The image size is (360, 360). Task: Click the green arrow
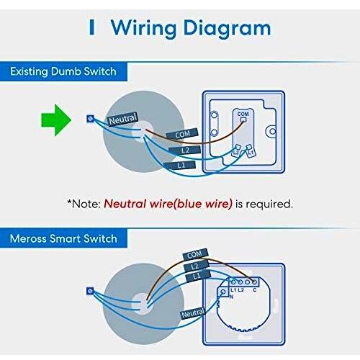click(56, 120)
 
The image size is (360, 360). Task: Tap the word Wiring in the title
click(143, 29)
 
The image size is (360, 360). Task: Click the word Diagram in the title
click(227, 29)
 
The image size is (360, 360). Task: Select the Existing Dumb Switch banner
click(63, 71)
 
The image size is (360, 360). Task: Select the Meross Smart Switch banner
click(63, 238)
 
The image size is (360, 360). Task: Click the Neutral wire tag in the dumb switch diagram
click(123, 119)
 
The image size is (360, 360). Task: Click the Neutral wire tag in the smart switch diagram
click(193, 313)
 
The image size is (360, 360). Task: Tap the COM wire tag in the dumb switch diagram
click(182, 134)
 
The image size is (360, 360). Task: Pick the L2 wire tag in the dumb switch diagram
click(185, 150)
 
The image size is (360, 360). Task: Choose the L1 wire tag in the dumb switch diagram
click(179, 165)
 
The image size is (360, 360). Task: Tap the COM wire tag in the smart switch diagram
click(194, 254)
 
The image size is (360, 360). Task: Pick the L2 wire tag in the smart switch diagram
click(196, 266)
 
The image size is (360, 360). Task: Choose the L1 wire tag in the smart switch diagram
click(198, 276)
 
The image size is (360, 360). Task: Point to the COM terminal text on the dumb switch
click(243, 114)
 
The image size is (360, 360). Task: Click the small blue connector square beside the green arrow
click(90, 119)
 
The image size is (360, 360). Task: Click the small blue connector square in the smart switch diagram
click(90, 291)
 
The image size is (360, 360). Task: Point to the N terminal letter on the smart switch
click(231, 297)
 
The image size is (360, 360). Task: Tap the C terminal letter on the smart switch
click(255, 290)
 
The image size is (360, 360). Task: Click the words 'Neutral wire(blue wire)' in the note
click(168, 204)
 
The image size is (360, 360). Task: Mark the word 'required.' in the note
click(269, 204)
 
